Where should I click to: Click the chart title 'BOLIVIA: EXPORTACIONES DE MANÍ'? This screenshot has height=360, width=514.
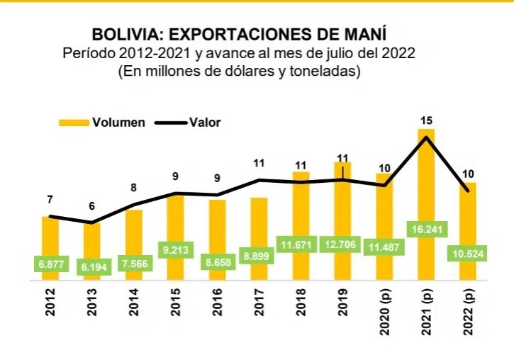tap(240, 35)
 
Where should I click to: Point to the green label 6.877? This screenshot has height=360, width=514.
tap(50, 265)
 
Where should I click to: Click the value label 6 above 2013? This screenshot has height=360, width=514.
tap(91, 206)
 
